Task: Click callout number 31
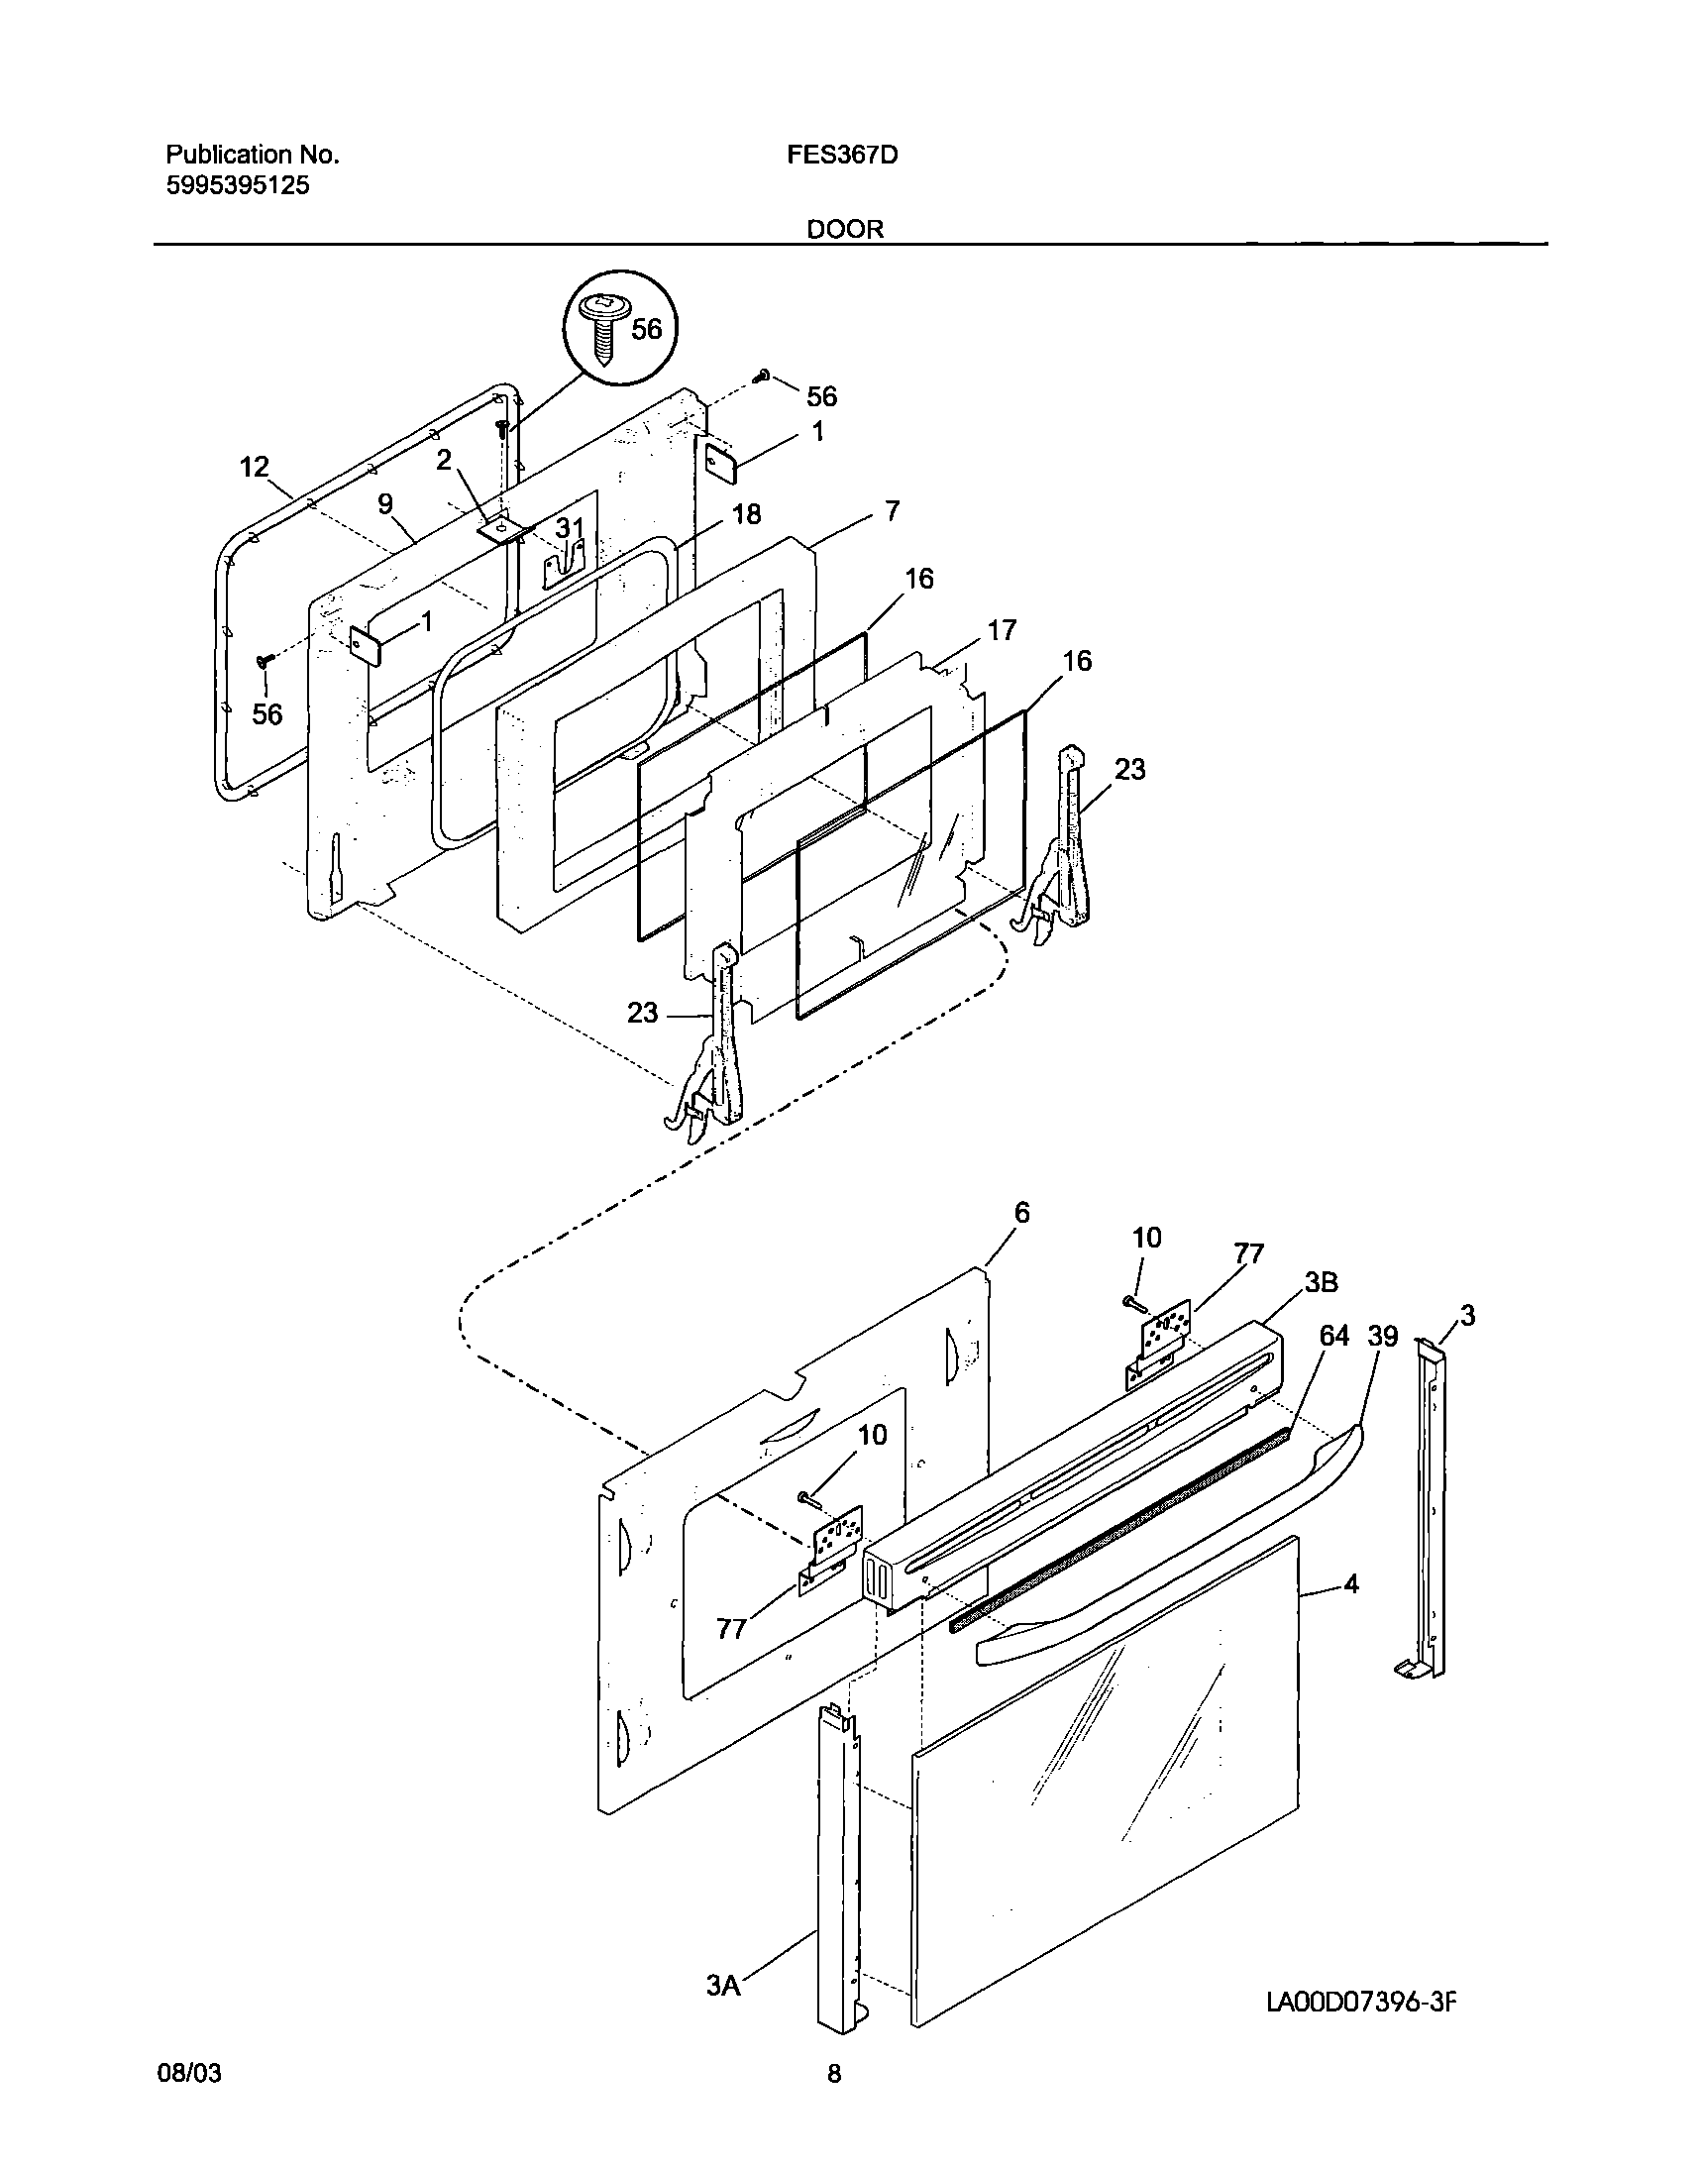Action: [x=570, y=527]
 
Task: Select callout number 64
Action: [x=1333, y=1336]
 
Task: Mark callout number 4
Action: [x=1350, y=1582]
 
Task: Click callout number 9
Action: [x=385, y=504]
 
